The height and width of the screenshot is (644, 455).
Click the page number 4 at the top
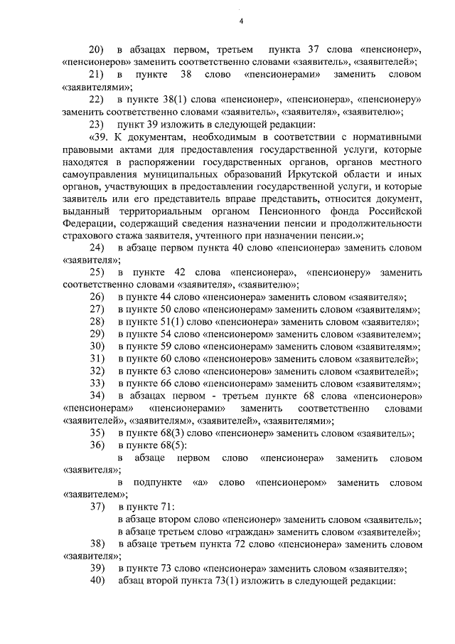(x=241, y=20)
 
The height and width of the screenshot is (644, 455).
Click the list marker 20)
(x=97, y=50)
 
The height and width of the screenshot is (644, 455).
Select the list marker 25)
(x=97, y=273)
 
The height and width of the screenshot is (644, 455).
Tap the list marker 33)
(x=97, y=384)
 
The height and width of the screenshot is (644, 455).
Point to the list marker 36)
(x=97, y=445)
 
